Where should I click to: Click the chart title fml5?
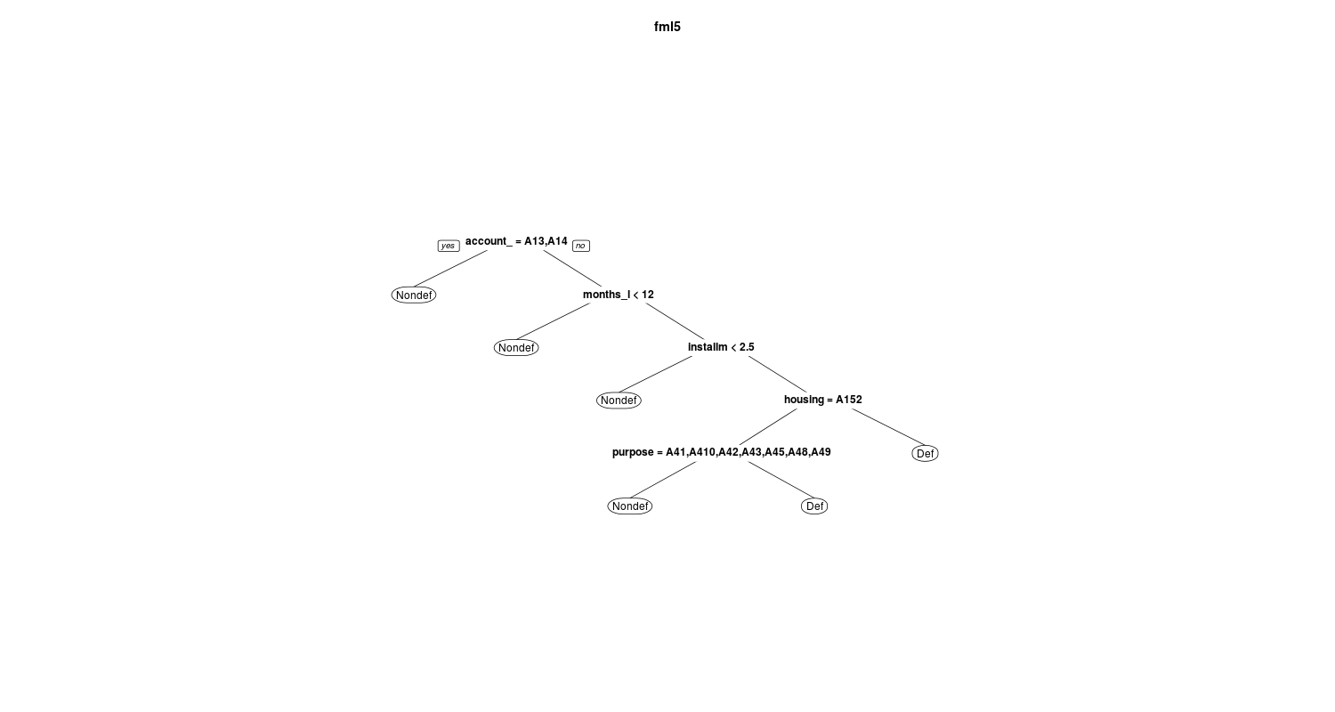[667, 27]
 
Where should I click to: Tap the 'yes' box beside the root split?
[449, 246]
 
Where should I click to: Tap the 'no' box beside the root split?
[581, 246]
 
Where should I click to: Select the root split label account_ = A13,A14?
[516, 241]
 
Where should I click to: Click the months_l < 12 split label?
[618, 295]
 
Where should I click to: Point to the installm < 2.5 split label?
[721, 347]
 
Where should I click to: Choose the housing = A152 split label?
[823, 400]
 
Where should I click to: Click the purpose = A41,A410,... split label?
[721, 452]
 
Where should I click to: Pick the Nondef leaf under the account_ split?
[414, 295]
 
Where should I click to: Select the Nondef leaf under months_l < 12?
[516, 347]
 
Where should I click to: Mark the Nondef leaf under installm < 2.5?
[619, 400]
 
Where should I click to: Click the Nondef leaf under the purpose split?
[630, 506]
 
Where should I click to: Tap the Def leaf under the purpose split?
[814, 506]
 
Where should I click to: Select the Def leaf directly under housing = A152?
[925, 453]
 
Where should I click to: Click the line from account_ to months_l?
[573, 269]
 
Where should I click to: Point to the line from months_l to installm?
[676, 321]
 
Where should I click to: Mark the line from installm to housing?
[778, 374]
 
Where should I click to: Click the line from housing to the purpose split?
[768, 426]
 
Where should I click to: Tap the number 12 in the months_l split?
[647, 295]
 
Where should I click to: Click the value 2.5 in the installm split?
[747, 347]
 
